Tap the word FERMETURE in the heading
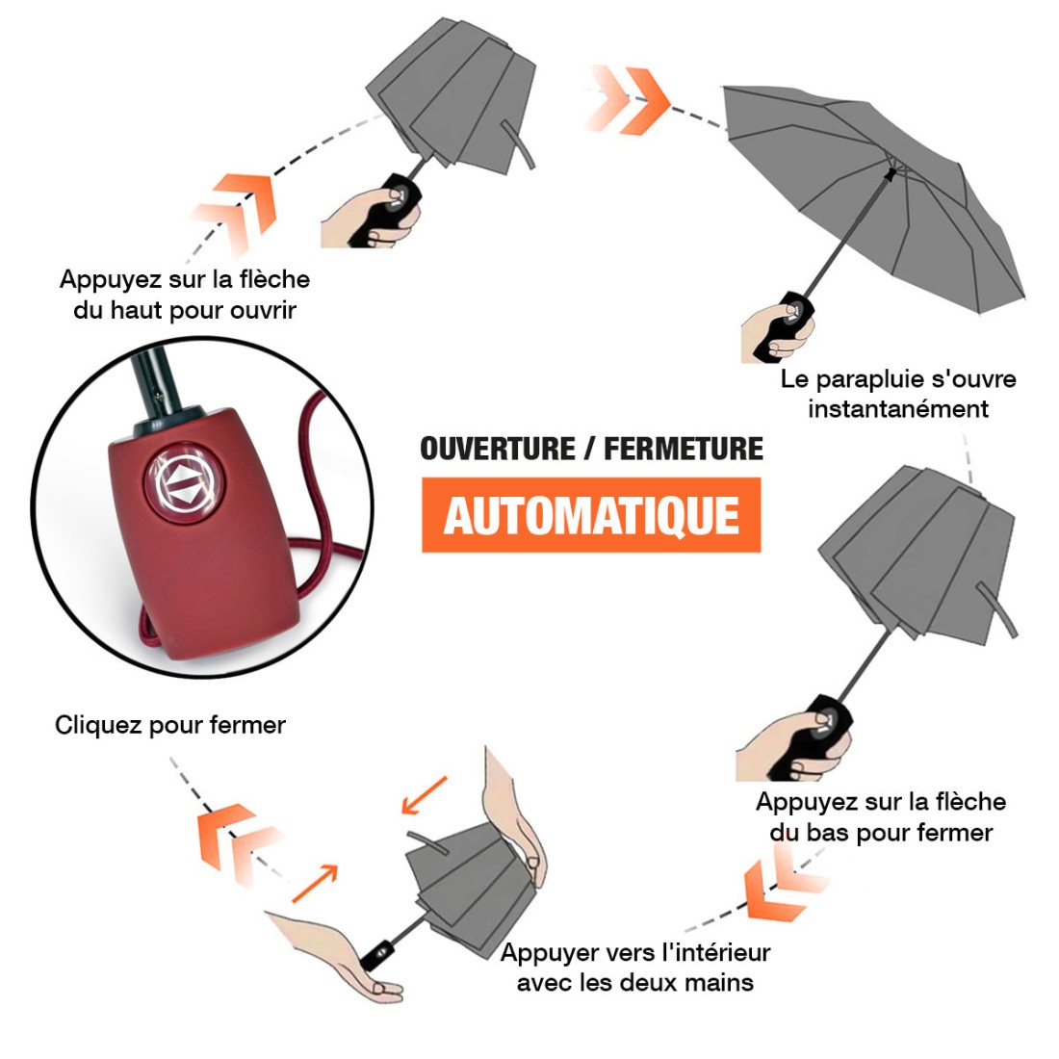684,449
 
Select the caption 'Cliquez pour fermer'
170,725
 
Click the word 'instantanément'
898,409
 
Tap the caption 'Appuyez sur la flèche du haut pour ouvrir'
185,295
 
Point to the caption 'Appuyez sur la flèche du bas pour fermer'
881,816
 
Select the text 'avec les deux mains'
634,983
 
